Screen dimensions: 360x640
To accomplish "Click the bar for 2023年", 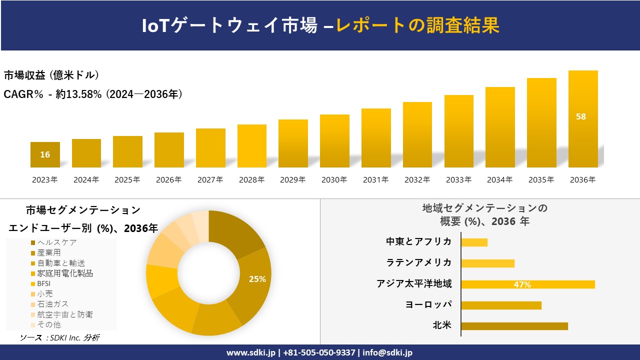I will [x=45, y=154].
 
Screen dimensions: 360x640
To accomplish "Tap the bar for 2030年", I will [x=334, y=141].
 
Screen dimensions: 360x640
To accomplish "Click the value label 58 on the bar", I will [x=580, y=116].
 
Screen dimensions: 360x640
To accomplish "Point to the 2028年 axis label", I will [x=251, y=180].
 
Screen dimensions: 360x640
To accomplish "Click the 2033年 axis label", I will [x=458, y=180].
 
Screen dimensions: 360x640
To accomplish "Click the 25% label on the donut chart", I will [x=257, y=279].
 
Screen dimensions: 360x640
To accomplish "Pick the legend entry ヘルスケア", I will [x=56, y=242].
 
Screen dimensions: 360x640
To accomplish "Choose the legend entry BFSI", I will [x=43, y=283].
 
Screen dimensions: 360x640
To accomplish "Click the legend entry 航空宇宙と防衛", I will [x=64, y=314].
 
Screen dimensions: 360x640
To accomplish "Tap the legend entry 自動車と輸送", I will [x=60, y=263].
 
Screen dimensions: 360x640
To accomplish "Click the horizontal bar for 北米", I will [x=514, y=326].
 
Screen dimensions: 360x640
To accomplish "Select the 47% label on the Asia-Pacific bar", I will [x=522, y=284].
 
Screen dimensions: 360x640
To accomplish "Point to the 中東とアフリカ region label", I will [x=418, y=242].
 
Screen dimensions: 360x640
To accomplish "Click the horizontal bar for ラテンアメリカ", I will [x=487, y=263].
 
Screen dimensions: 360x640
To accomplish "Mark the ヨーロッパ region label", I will [x=428, y=305].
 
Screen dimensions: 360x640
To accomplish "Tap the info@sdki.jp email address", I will [x=388, y=352].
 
